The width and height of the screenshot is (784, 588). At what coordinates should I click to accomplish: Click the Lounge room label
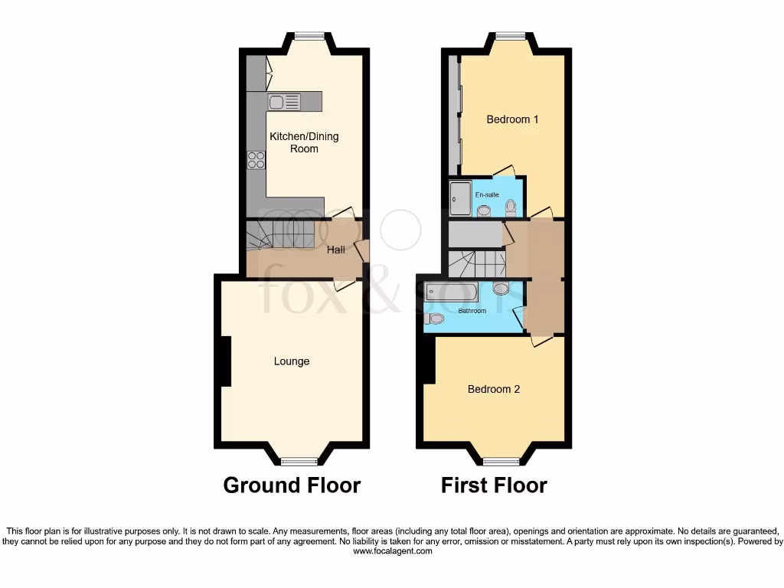(x=292, y=361)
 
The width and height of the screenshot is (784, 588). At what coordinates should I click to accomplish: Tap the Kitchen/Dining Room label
(x=304, y=142)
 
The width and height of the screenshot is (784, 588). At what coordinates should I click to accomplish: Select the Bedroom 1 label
(x=513, y=119)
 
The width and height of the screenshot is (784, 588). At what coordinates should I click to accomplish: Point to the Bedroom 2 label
(x=494, y=389)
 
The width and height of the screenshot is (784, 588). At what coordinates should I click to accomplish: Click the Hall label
(x=336, y=250)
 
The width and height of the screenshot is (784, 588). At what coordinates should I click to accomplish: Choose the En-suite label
(x=488, y=195)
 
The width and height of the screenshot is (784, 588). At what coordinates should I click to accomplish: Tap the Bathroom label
(x=472, y=311)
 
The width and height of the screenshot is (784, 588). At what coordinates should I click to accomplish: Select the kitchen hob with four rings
(x=256, y=160)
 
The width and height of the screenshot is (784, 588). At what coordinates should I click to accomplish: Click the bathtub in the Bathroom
(x=452, y=292)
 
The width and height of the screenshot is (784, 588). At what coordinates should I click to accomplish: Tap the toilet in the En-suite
(x=511, y=207)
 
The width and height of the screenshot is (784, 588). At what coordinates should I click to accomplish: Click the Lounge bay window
(x=299, y=461)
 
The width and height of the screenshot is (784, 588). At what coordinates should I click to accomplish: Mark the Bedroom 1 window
(x=510, y=35)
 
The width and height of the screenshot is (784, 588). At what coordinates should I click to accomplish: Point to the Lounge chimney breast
(x=226, y=361)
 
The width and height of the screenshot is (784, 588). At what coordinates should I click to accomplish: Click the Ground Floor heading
(x=292, y=485)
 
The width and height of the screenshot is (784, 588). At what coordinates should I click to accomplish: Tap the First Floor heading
(x=494, y=485)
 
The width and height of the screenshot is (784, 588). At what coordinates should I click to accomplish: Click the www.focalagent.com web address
(x=392, y=550)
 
